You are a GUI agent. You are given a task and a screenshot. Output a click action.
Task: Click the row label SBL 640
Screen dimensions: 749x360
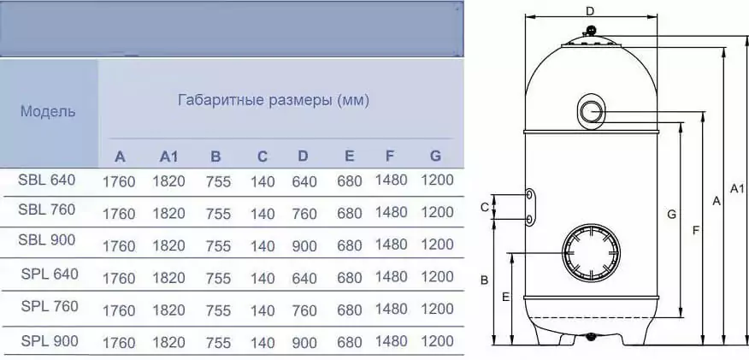pyautogui.click(x=47, y=180)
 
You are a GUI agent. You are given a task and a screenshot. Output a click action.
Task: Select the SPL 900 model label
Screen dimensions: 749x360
pyautogui.click(x=50, y=341)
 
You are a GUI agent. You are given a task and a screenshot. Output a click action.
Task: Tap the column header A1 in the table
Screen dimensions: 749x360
pyautogui.click(x=168, y=156)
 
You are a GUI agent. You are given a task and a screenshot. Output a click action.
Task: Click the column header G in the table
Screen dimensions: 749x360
pyautogui.click(x=435, y=156)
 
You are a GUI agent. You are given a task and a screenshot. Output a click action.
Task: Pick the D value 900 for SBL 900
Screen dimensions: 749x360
pyautogui.click(x=304, y=246)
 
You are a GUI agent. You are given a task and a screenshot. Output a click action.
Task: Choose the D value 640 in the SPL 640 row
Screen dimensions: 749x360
pyautogui.click(x=304, y=278)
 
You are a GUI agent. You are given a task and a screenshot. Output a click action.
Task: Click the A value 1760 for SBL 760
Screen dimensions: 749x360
pyautogui.click(x=119, y=214)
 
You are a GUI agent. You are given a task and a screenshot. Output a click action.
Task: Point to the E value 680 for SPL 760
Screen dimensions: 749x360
pyautogui.click(x=349, y=310)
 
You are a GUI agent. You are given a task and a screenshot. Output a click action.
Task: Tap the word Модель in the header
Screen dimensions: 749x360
pyautogui.click(x=48, y=112)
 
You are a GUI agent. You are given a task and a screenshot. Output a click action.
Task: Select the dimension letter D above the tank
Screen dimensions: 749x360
pyautogui.click(x=591, y=10)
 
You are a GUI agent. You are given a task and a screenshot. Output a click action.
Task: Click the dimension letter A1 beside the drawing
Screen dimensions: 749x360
pyautogui.click(x=737, y=189)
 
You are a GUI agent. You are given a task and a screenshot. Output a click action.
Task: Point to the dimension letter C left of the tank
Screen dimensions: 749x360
pyautogui.click(x=484, y=207)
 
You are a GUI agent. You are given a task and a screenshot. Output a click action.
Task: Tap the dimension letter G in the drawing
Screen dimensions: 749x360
pyautogui.click(x=671, y=215)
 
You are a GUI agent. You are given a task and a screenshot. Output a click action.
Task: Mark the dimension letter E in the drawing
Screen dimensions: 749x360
pyautogui.click(x=506, y=297)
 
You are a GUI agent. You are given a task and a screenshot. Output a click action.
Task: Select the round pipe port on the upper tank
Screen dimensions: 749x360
pyautogui.click(x=592, y=112)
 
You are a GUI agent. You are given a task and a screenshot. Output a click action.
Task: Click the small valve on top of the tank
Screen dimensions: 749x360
pyautogui.click(x=591, y=32)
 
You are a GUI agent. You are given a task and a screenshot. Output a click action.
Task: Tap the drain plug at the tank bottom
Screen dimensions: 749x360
pyautogui.click(x=592, y=337)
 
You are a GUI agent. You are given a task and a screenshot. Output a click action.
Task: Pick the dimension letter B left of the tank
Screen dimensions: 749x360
pyautogui.click(x=484, y=280)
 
